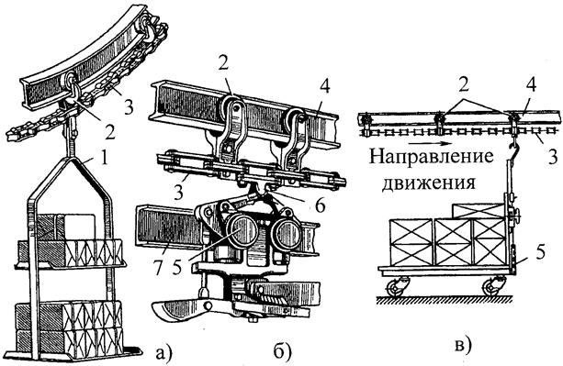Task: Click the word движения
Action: [428, 183]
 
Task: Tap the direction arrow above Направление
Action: [429, 143]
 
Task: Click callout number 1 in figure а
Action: [104, 159]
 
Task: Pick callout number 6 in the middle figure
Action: [321, 205]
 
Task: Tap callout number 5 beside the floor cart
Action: [540, 251]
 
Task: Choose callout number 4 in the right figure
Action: [531, 86]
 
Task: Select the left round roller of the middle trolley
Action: [242, 230]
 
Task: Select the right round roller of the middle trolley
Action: [287, 234]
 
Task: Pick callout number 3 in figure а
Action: [129, 106]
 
